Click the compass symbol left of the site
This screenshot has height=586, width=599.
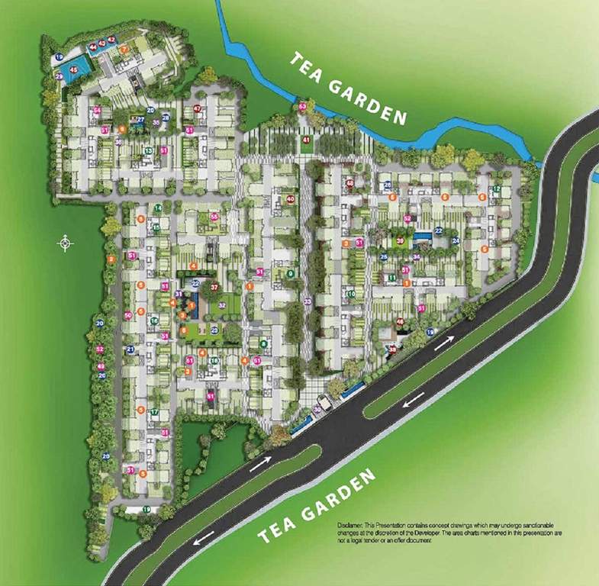click(66, 243)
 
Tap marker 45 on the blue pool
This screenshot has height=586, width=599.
click(74, 69)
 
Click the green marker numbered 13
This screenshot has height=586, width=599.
click(148, 151)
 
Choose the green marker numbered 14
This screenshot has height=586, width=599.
click(157, 208)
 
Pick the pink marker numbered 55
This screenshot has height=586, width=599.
click(214, 217)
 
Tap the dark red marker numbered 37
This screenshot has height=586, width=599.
click(215, 288)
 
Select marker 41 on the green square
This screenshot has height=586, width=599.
click(306, 140)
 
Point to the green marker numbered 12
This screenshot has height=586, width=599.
click(497, 188)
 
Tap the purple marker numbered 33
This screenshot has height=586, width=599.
click(308, 302)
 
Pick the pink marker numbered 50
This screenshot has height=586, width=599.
click(128, 314)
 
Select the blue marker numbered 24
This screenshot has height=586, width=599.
click(456, 241)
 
